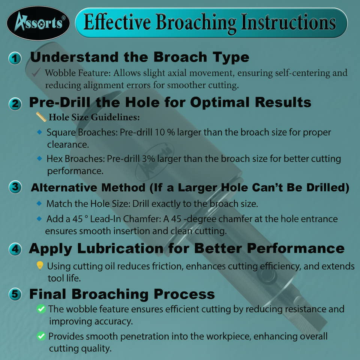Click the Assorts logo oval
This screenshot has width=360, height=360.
click(x=38, y=23)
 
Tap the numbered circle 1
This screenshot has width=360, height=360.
click(x=15, y=58)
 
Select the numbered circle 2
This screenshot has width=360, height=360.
click(x=15, y=104)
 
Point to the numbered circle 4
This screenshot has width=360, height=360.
click(x=15, y=249)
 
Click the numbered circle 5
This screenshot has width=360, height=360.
click(x=15, y=294)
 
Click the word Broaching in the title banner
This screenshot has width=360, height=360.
click(x=196, y=23)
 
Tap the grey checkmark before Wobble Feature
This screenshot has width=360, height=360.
click(x=36, y=72)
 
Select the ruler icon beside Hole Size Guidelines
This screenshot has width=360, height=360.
click(x=41, y=117)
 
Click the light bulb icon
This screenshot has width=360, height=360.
click(x=40, y=265)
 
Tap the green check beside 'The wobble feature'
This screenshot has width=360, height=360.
click(x=41, y=309)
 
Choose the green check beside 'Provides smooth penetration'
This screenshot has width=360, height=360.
click(x=41, y=336)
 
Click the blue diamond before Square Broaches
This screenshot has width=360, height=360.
click(x=39, y=132)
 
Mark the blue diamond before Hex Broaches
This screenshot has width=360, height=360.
click(x=39, y=158)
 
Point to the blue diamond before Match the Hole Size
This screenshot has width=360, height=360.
click(x=39, y=203)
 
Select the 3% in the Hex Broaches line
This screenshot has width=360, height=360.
click(x=148, y=159)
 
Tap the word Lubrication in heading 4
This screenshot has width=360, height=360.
click(x=120, y=249)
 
